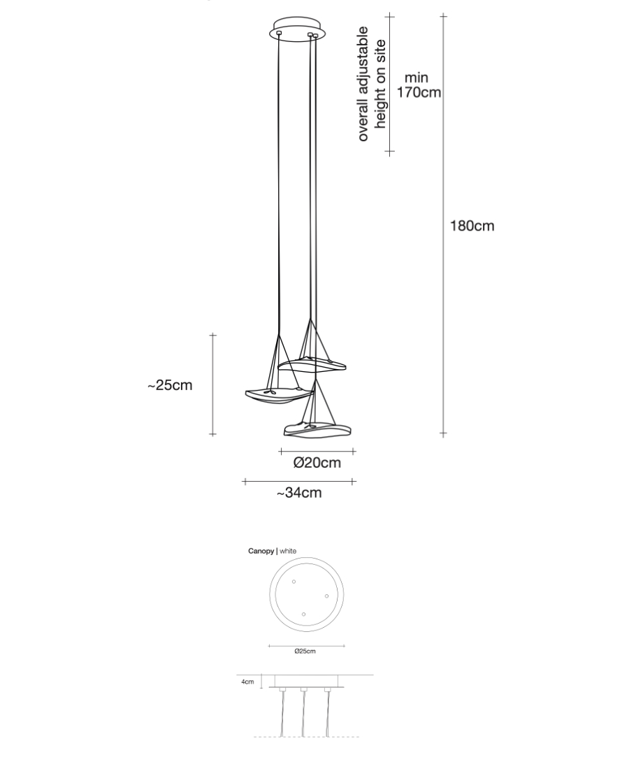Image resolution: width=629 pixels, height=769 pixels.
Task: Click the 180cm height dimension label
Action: point(472,226)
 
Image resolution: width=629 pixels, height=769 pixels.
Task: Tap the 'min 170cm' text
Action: point(419,85)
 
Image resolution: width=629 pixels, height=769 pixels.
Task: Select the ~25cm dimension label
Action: point(170,385)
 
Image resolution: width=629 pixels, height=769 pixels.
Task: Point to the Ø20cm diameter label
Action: point(317,463)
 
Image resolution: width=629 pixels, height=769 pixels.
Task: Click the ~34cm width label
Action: point(299,493)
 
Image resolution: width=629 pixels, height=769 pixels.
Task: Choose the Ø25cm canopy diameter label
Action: point(305,651)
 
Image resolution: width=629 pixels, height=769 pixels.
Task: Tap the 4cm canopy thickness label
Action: point(247,682)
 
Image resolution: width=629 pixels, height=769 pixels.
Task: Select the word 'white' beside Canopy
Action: point(288,552)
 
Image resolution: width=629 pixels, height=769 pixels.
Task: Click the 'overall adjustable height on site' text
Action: point(372,84)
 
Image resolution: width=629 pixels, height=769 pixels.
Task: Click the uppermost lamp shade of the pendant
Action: point(312,364)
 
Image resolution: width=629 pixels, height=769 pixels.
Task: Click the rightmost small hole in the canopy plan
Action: point(326,596)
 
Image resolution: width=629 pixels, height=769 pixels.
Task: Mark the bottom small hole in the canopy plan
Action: point(303,615)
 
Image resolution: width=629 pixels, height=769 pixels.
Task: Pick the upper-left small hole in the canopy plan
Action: point(294,582)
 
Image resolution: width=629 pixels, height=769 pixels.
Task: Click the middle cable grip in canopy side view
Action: point(304,691)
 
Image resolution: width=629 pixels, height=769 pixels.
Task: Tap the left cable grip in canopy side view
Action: point(282,691)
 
